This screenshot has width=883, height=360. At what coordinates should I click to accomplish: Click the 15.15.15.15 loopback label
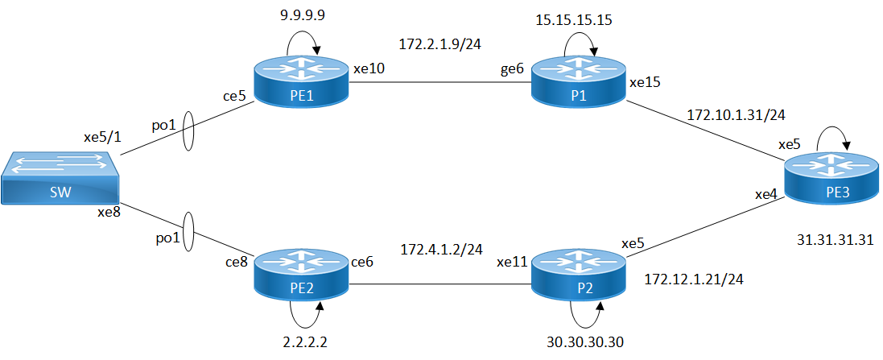click(x=573, y=19)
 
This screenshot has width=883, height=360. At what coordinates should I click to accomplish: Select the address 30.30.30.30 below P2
click(x=584, y=341)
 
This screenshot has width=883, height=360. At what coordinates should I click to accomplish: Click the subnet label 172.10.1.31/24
click(x=735, y=115)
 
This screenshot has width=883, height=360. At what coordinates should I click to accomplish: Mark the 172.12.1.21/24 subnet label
click(x=693, y=279)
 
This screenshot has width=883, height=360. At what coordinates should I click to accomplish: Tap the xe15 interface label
click(x=645, y=82)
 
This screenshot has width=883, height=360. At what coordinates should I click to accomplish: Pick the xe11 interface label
click(x=511, y=261)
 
